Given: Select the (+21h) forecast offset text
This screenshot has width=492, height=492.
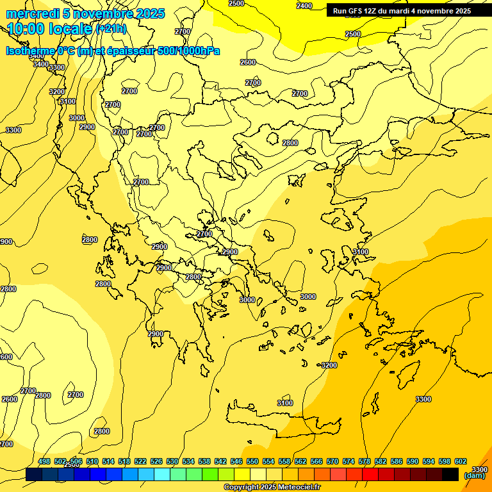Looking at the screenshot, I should coord(111,29).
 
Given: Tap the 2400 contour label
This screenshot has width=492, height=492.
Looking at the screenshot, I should coord(304,6).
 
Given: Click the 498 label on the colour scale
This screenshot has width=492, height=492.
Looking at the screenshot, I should coord(44,462).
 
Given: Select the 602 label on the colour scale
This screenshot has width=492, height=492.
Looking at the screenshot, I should coord(461,462).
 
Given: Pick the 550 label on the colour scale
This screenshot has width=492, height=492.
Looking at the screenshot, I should coord(252,462).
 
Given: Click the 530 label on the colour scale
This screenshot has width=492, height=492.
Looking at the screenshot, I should coord(172,462).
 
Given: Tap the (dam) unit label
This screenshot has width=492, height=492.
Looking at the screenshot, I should coord(475,475).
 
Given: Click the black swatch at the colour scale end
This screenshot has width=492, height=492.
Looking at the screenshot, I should coord(450,475).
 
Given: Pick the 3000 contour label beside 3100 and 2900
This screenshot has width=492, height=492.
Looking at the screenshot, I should coord(77,118).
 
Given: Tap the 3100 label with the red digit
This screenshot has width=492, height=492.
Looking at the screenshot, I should coord(285,403).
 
